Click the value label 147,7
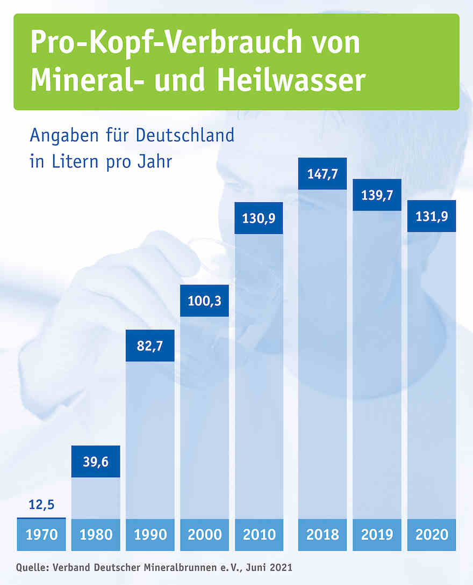[322, 174]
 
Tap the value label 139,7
[377, 195]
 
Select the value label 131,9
[432, 216]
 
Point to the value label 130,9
[259, 218]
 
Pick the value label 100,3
[204, 301]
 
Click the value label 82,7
[150, 346]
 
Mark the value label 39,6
[96, 462]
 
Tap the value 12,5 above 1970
[41, 505]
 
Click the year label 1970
[41, 535]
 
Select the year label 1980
[96, 535]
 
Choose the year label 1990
[150, 535]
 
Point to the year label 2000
[204, 535]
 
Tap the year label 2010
[259, 535]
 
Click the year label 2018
[322, 535]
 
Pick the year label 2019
[377, 535]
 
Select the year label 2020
[432, 535]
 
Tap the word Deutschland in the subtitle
[185, 135]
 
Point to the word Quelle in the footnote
[31, 567]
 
